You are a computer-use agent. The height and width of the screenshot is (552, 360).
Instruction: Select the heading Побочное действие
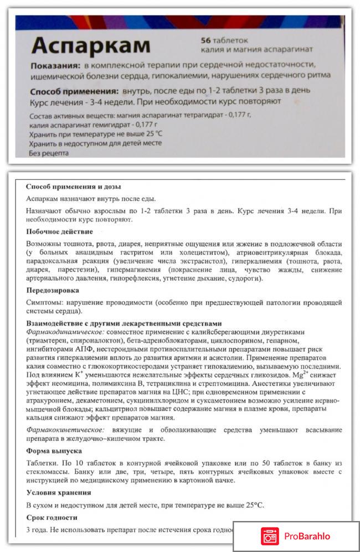click(x=59, y=231)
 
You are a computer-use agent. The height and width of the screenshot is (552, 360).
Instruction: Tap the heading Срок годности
click(x=52, y=518)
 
